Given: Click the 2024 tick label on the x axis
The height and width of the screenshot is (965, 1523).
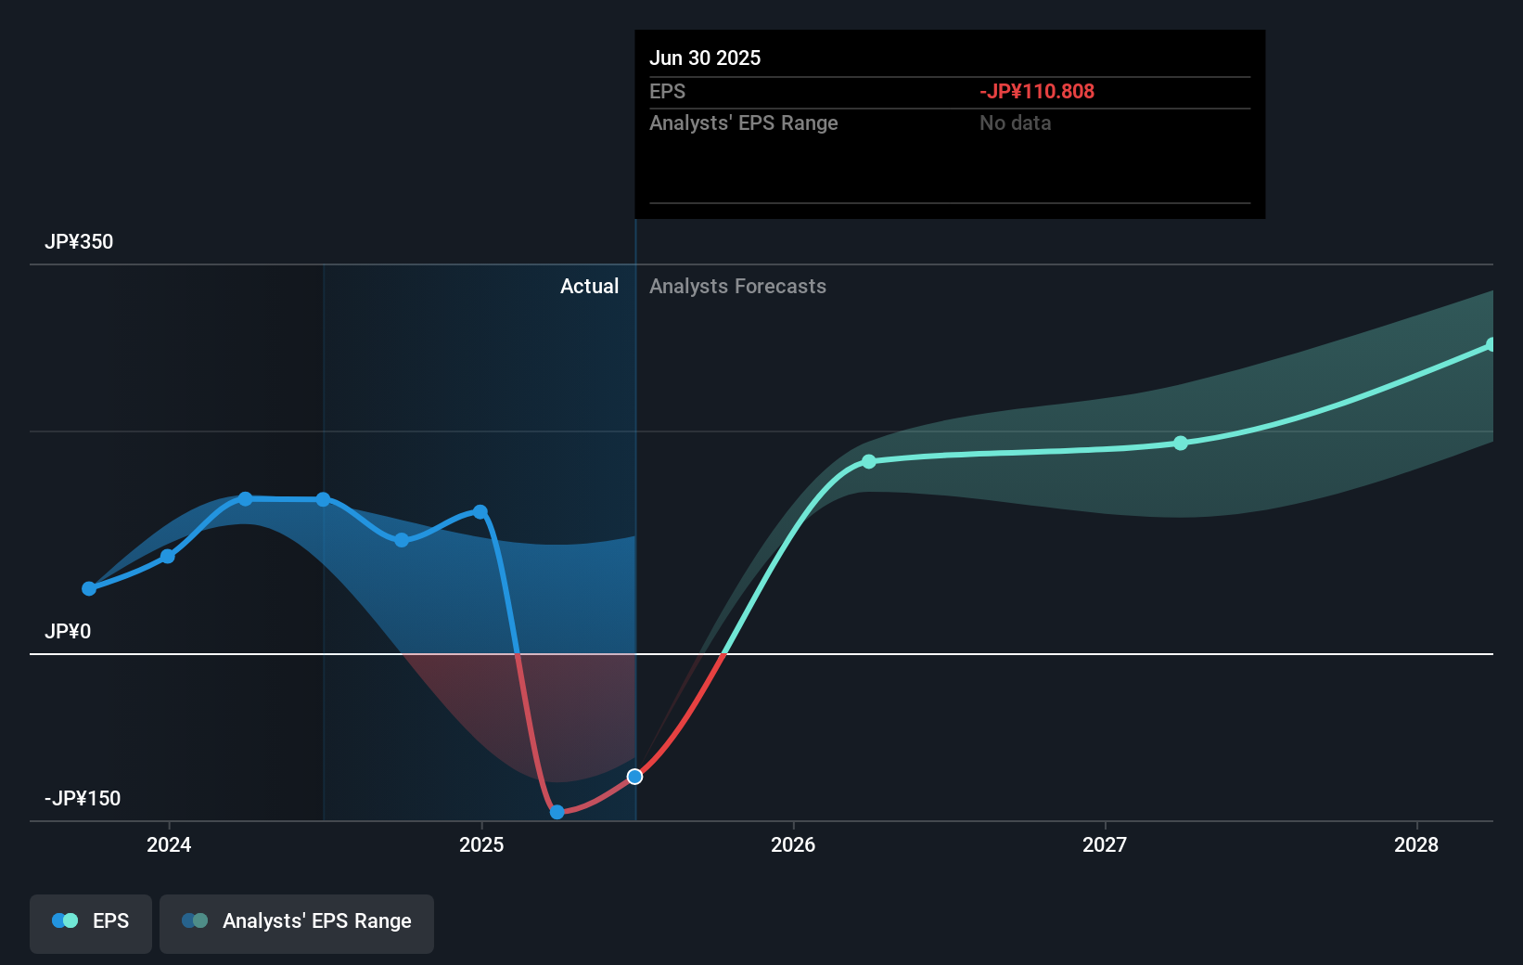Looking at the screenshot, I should click(x=169, y=844).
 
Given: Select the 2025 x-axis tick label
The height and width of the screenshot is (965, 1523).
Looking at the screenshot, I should click(x=481, y=844).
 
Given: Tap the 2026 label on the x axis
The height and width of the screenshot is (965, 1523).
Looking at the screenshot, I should click(x=793, y=844).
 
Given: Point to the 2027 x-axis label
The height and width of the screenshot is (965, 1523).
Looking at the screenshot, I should click(x=1105, y=844).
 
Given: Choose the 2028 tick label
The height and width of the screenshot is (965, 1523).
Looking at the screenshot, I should click(x=1416, y=844).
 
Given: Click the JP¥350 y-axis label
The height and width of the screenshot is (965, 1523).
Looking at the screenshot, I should click(x=79, y=242).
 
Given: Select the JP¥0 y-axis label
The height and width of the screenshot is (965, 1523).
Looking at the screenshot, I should click(x=68, y=632).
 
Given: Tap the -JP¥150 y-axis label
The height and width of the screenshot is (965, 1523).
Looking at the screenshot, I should click(x=83, y=799).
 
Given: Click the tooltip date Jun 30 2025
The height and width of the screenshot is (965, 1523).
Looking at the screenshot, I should click(x=705, y=58).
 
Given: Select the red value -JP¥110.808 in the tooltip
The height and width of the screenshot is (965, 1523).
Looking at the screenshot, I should click(x=1037, y=92).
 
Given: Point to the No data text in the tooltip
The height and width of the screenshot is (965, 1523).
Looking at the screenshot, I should click(x=1016, y=123).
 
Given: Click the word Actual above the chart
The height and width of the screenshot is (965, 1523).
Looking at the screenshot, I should click(x=589, y=287).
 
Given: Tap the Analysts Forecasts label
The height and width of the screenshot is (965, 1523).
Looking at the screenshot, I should click(x=737, y=287).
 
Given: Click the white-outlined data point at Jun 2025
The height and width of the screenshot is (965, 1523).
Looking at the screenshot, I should click(x=634, y=777).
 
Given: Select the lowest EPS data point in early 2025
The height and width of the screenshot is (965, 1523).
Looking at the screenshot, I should click(x=557, y=812).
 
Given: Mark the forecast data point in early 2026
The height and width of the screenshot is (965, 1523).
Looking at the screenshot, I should click(x=869, y=461).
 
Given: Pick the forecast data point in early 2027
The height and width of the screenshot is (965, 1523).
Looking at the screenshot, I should click(x=1181, y=444).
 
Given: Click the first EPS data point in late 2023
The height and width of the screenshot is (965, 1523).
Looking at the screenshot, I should click(x=89, y=588).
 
